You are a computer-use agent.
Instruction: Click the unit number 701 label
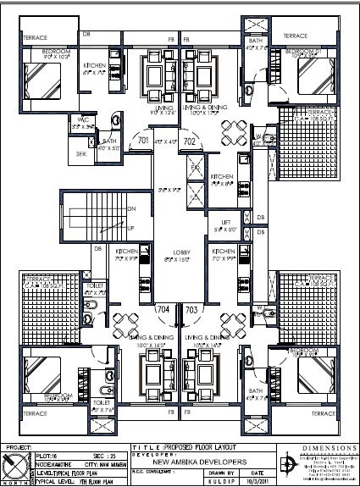pos(143,140)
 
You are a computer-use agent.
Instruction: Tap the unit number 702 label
pos(190,140)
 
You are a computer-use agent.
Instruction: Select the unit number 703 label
pos(191,309)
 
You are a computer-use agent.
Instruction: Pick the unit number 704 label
pos(163,309)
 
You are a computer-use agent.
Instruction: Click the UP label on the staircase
pos(130,229)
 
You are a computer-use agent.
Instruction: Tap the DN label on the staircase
pos(130,208)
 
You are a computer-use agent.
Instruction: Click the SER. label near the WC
pos(81,154)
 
